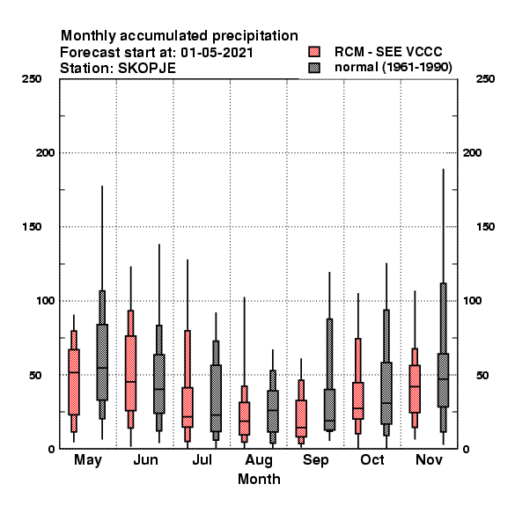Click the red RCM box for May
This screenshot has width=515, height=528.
pyautogui.click(x=74, y=382)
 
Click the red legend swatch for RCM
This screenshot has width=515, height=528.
pyautogui.click(x=314, y=52)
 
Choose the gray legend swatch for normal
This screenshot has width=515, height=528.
pyautogui.click(x=314, y=68)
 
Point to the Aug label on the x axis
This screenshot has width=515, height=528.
pyautogui.click(x=259, y=460)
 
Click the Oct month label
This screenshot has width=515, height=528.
pyautogui.click(x=372, y=459)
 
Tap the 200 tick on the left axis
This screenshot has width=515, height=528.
pyautogui.click(x=45, y=153)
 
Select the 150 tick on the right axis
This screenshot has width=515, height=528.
pyautogui.click(x=486, y=227)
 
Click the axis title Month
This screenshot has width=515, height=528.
pyautogui.click(x=259, y=480)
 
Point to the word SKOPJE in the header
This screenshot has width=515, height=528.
pyautogui.click(x=147, y=69)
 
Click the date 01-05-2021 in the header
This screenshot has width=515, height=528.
pyautogui.click(x=217, y=53)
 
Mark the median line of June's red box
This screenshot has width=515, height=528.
pyautogui.click(x=130, y=382)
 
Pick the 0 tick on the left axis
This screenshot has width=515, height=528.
pyautogui.click(x=51, y=449)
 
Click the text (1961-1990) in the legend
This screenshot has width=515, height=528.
pyautogui.click(x=417, y=68)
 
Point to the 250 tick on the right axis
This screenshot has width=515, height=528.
pyautogui.click(x=486, y=79)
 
